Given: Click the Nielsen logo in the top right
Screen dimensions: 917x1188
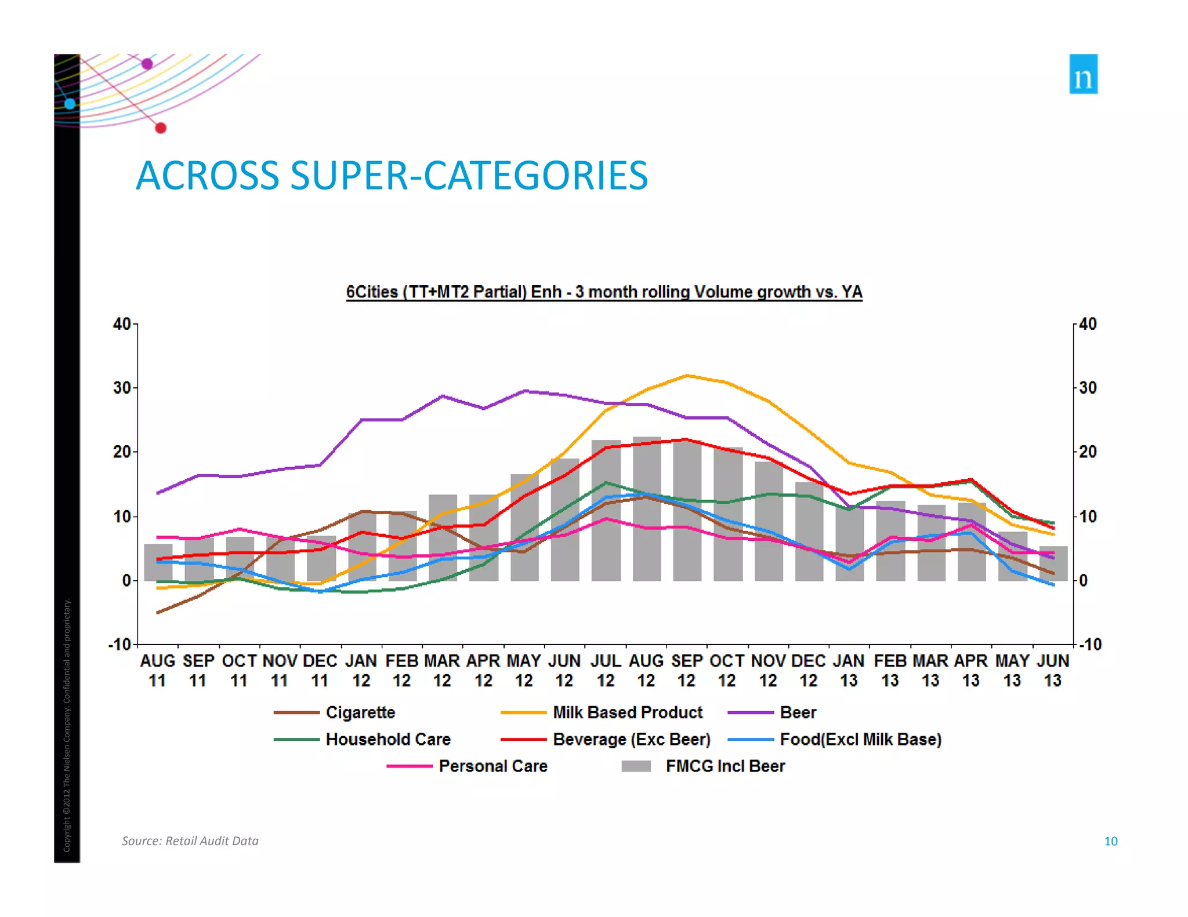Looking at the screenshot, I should [1083, 74].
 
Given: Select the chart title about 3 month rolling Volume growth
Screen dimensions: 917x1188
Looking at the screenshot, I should [604, 292].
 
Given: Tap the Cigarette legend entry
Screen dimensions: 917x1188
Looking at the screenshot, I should [360, 712].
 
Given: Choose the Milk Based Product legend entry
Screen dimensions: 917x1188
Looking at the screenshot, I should [627, 712].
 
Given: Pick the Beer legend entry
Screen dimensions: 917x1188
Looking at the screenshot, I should [798, 712].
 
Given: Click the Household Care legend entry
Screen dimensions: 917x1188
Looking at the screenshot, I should [387, 740].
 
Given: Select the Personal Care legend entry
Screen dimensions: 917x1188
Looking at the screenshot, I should [492, 766].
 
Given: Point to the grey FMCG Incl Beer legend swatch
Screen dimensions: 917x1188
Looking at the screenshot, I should [636, 766].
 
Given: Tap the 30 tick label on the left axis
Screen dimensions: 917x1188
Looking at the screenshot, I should [122, 388].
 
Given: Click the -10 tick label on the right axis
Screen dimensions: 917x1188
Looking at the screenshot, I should [1089, 645].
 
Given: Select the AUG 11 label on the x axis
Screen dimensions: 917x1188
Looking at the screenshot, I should [157, 671].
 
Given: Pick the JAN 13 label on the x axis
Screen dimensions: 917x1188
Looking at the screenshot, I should [849, 671].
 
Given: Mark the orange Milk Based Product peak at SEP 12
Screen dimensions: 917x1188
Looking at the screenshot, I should [687, 376].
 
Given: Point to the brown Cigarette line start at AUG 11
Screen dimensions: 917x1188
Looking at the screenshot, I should [158, 613].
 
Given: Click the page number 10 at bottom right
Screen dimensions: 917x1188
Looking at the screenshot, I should [1110, 841].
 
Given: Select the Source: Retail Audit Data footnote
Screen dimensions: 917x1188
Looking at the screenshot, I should [190, 841].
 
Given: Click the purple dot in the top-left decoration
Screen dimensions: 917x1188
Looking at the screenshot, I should [147, 64].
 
